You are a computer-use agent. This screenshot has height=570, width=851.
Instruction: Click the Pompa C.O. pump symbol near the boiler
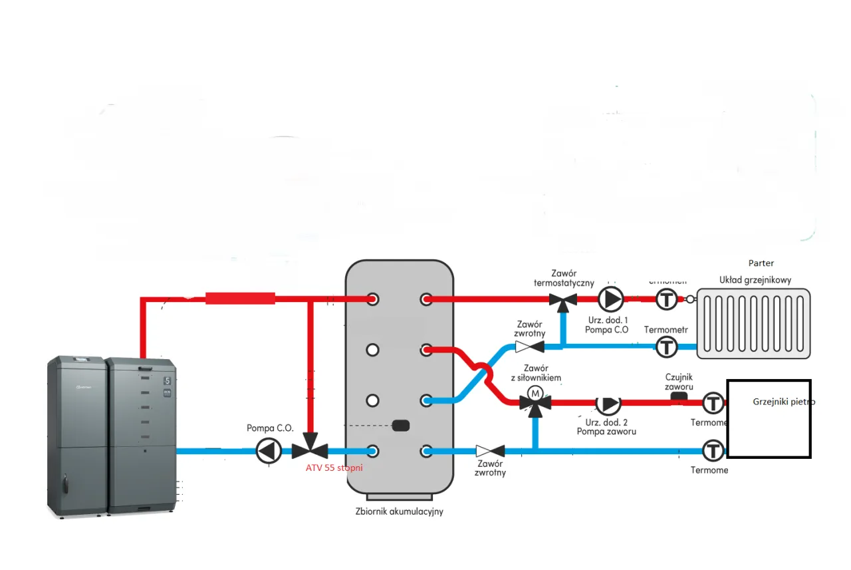269,451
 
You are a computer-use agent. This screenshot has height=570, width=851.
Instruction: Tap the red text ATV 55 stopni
334,468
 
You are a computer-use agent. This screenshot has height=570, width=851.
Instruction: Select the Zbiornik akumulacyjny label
399,512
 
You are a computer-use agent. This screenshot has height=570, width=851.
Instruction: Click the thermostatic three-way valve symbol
564,301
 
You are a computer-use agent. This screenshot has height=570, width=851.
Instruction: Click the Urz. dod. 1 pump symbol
610,299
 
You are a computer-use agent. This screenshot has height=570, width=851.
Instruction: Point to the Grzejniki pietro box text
783,402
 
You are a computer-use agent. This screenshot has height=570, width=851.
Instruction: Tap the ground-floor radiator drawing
753,323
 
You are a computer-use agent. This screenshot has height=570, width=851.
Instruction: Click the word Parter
761,263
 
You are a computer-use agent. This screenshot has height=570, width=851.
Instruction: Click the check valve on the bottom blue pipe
490,451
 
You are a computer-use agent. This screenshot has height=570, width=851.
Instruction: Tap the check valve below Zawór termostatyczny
530,346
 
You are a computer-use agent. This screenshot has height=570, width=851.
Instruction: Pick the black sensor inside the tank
402,426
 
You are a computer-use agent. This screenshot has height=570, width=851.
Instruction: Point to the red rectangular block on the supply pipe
240,299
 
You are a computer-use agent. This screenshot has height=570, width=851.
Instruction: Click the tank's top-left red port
372,299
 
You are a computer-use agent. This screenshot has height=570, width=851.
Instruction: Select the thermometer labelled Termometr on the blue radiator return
666,346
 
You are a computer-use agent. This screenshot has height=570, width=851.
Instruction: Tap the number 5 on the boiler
167,382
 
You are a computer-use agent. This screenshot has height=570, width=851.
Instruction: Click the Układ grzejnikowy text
755,280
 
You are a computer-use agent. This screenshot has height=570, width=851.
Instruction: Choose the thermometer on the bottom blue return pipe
713,450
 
